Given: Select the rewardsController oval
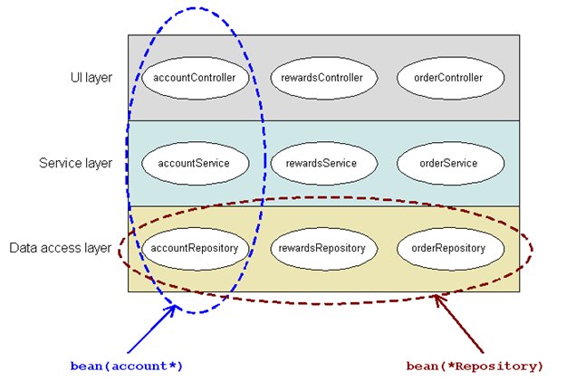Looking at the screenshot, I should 323,78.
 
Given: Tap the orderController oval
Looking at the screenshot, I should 451,78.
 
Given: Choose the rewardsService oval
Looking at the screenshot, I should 323,164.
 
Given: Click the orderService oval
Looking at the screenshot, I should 451,164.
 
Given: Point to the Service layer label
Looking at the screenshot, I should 76,164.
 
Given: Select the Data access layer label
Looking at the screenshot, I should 61,247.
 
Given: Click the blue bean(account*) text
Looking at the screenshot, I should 127,366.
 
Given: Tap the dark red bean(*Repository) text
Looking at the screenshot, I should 475,366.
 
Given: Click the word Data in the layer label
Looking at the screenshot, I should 23,247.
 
